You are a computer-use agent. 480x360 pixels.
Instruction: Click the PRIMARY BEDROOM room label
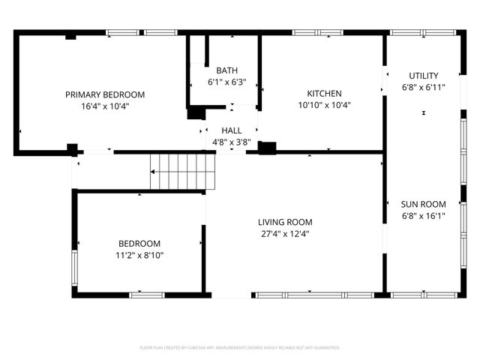click(x=105, y=94)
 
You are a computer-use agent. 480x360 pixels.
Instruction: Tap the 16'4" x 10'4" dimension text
click(x=105, y=106)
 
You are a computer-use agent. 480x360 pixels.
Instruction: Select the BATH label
click(x=226, y=70)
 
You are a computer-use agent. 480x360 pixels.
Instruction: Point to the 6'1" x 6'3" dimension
click(x=226, y=82)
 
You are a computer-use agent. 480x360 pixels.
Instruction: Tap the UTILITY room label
click(x=424, y=76)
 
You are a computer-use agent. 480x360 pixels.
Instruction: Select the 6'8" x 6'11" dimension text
click(x=424, y=87)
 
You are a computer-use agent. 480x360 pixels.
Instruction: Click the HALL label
click(x=231, y=130)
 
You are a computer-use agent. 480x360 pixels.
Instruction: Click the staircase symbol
click(x=182, y=172)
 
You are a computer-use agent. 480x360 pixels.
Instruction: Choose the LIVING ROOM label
click(x=285, y=222)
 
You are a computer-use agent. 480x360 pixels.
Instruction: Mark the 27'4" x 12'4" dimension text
click(x=285, y=233)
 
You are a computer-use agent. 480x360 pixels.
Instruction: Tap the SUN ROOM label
click(x=423, y=204)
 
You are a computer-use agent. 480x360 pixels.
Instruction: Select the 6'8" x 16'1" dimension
click(x=423, y=215)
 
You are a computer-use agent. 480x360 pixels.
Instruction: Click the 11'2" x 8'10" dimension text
click(x=139, y=255)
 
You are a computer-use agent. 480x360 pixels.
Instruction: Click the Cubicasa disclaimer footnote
click(x=240, y=348)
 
